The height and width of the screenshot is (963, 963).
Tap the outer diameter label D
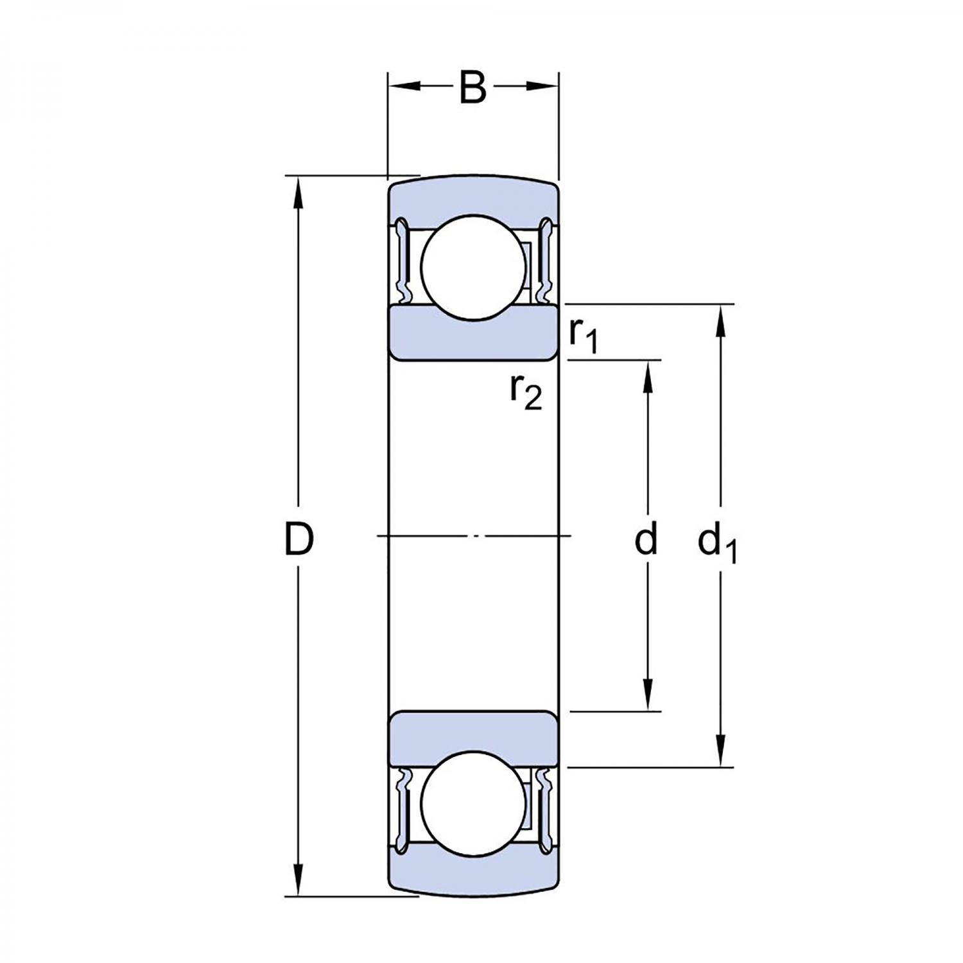pos(299,539)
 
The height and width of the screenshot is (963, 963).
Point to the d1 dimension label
pos(717,543)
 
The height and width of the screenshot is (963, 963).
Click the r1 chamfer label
pos(584,336)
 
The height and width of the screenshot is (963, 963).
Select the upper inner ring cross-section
pos(473,333)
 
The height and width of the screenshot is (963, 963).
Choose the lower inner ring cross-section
pos(473,738)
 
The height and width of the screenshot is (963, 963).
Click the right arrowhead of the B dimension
pos(543,86)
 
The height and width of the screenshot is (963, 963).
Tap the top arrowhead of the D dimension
pos(297,192)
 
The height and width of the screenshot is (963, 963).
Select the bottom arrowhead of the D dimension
pos(297,880)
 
